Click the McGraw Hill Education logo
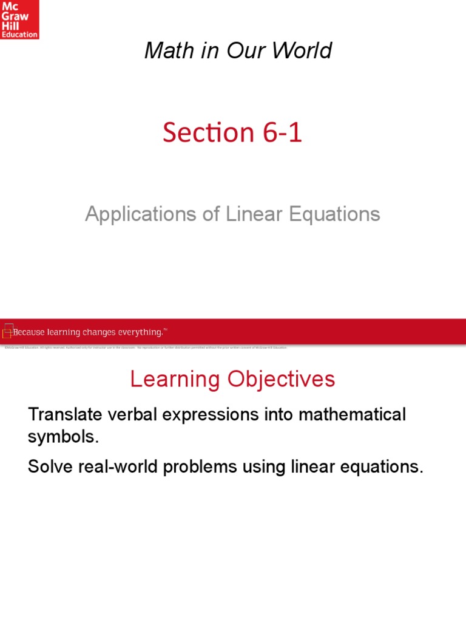click(x=19, y=20)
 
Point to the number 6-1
click(x=280, y=133)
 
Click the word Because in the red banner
click(x=32, y=332)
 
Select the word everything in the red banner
click(x=140, y=332)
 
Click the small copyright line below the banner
click(x=146, y=347)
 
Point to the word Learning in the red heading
click(x=175, y=380)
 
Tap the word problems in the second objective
click(x=208, y=468)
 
